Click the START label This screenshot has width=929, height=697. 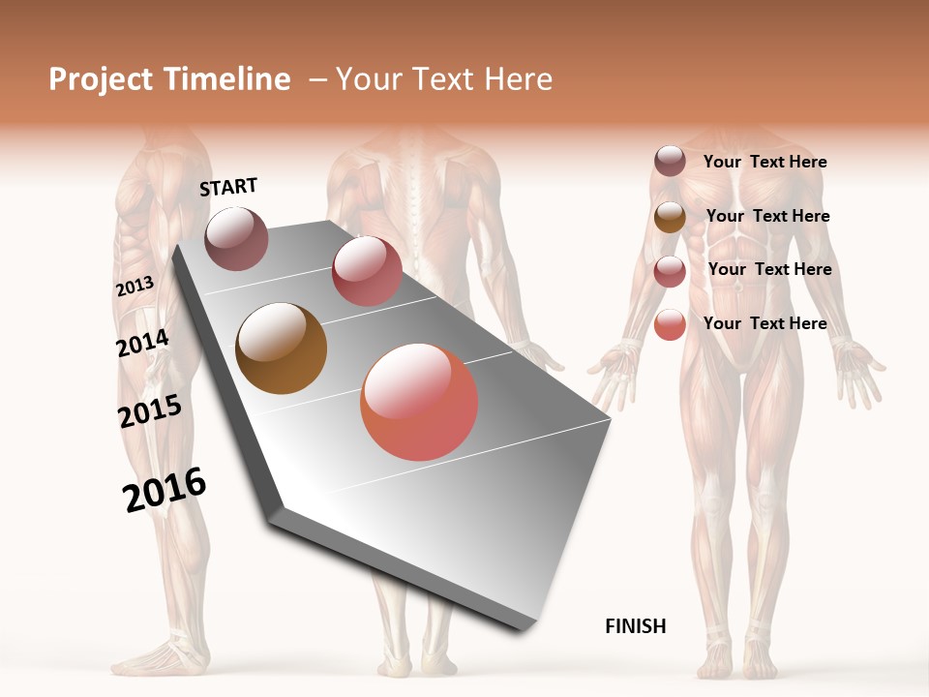tap(228, 187)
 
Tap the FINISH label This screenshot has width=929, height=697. tap(635, 626)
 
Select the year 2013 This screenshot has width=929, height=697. tap(135, 287)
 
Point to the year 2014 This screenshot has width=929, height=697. tap(142, 343)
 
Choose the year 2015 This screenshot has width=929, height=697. tap(150, 411)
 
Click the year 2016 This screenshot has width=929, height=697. tap(165, 490)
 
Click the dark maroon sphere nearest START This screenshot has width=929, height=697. tap(236, 238)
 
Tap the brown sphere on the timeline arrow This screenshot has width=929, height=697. tap(281, 348)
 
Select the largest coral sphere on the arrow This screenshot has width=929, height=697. tap(419, 402)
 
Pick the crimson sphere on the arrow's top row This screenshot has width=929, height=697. tap(367, 271)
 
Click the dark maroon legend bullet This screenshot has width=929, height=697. tap(670, 162)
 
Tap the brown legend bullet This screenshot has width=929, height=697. tap(670, 217)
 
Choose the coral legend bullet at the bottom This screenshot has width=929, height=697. tap(670, 324)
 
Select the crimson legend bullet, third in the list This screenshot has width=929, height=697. tap(670, 271)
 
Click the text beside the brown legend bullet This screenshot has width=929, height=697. tap(767, 216)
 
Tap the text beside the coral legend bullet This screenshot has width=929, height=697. tap(764, 323)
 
